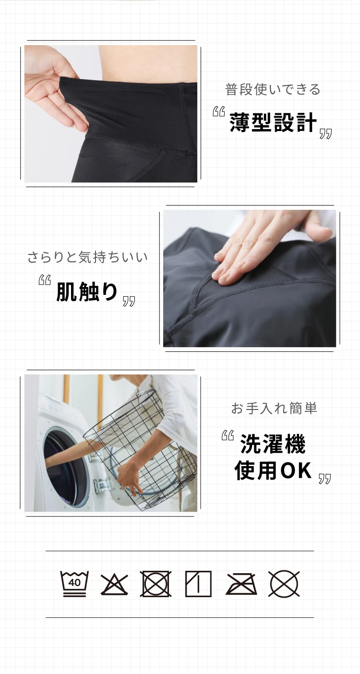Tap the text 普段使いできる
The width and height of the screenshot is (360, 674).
(273, 89)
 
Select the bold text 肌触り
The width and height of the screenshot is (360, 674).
(87, 291)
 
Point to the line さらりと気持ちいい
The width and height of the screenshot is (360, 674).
(87, 257)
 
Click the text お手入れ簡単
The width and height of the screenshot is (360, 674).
(274, 409)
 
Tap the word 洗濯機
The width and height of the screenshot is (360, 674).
(273, 444)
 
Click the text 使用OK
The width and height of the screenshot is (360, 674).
(273, 471)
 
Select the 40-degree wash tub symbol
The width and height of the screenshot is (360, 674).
(74, 583)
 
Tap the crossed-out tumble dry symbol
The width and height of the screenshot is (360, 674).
(156, 584)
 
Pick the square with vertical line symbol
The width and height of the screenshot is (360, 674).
(198, 584)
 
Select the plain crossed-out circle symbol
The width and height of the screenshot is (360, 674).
(284, 584)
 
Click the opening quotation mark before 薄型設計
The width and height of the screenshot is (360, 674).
(219, 112)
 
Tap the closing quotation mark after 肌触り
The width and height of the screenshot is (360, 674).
(129, 301)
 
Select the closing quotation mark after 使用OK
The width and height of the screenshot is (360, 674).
(325, 479)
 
